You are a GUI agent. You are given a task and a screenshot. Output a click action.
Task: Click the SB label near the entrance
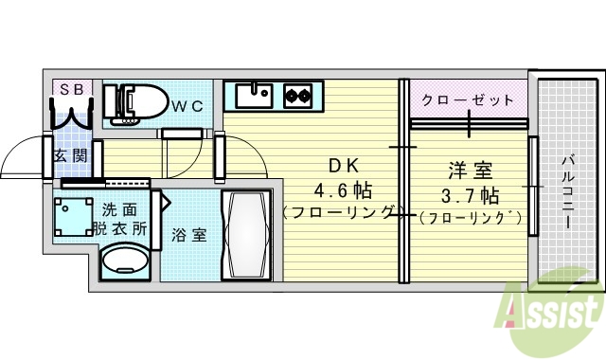(71, 90)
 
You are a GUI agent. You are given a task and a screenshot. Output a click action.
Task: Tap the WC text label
(187, 106)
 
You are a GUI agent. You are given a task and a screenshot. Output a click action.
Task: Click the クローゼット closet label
(468, 99)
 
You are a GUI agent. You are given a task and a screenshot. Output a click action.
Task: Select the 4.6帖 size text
(338, 189)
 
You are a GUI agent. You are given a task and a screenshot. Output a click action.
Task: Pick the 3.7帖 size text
(471, 196)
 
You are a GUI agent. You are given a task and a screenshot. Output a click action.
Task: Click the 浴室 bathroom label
(188, 234)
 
